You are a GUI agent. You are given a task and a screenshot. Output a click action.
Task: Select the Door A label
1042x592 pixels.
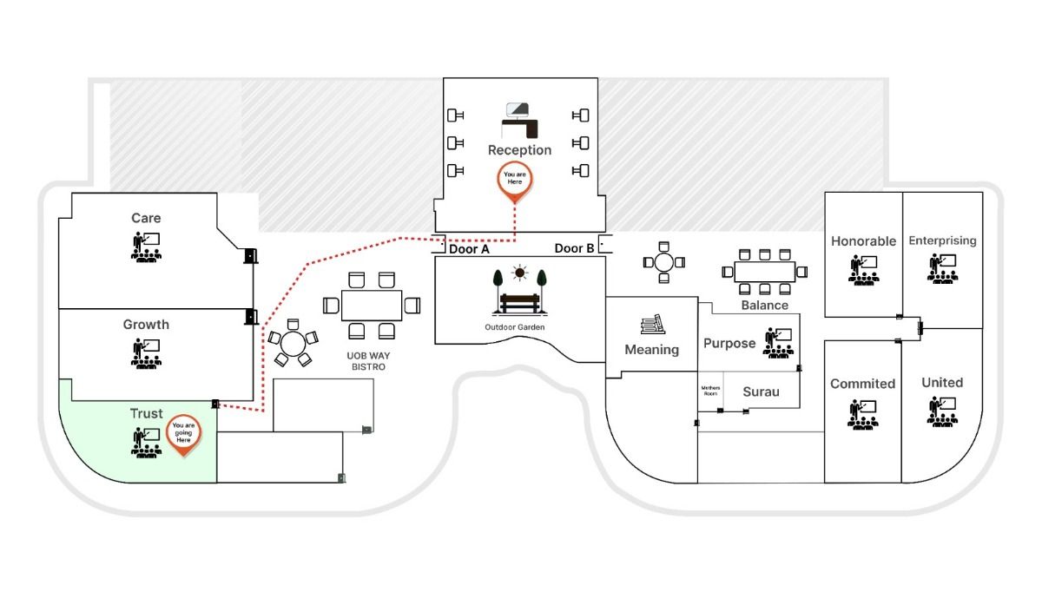pos(470,249)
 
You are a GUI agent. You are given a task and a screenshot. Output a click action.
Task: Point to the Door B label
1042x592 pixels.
pos(575,249)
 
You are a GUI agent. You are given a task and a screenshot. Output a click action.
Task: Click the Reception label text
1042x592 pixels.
pos(519,150)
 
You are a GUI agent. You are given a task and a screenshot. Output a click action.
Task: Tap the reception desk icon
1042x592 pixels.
pos(520,120)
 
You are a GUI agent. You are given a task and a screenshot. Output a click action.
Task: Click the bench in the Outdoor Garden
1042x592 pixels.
pos(519,303)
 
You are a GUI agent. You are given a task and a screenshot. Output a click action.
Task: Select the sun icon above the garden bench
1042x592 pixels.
pos(519,273)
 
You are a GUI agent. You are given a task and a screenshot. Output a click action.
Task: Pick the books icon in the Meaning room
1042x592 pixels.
pos(651,325)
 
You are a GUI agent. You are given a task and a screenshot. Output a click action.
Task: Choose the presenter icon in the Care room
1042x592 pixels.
pos(146,247)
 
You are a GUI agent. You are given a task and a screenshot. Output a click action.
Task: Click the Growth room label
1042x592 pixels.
pos(146,325)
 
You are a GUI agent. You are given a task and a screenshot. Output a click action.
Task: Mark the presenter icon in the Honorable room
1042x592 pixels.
pos(862,270)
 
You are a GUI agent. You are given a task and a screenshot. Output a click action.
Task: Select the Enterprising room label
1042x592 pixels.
pos(942,240)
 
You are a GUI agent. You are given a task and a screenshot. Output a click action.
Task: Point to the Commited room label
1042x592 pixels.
pos(862,384)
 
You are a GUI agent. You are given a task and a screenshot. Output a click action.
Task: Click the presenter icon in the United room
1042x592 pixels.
pos(942,411)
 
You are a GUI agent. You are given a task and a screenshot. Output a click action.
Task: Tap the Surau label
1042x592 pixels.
pos(761,392)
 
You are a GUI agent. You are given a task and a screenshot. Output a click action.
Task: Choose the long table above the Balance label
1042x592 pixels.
pos(764,272)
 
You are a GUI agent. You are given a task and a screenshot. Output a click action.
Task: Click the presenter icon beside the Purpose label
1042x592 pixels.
pos(779,342)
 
